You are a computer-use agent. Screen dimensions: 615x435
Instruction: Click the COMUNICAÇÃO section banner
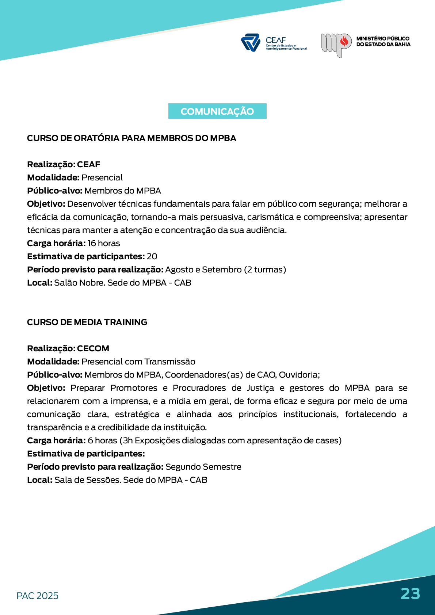tap(217, 111)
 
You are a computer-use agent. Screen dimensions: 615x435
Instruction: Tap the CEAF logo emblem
tap(251, 42)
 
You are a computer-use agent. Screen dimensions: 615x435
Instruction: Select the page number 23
tap(410, 593)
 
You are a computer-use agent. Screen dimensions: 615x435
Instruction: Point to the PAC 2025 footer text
tap(38, 596)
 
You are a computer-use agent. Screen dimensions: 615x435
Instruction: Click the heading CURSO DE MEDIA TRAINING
tap(87, 322)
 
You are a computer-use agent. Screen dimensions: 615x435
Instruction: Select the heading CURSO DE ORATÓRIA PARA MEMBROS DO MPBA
tap(131, 138)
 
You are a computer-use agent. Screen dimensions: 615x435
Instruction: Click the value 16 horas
tap(104, 243)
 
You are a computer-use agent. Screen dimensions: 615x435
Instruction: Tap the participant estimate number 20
tap(152, 256)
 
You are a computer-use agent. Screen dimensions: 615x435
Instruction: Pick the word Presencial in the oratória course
tap(102, 177)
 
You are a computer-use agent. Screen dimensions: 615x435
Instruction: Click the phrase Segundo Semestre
tap(203, 467)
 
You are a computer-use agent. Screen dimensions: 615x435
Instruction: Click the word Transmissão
tap(170, 362)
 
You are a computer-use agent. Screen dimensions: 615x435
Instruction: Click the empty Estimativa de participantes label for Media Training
tap(86, 454)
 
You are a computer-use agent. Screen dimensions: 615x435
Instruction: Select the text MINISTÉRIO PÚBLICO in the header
tap(383, 38)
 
